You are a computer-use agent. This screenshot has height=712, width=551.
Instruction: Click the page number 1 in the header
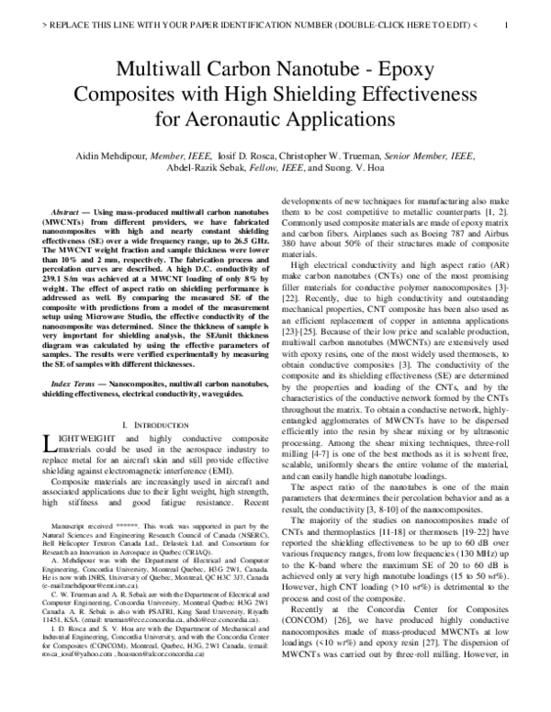click(507, 26)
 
